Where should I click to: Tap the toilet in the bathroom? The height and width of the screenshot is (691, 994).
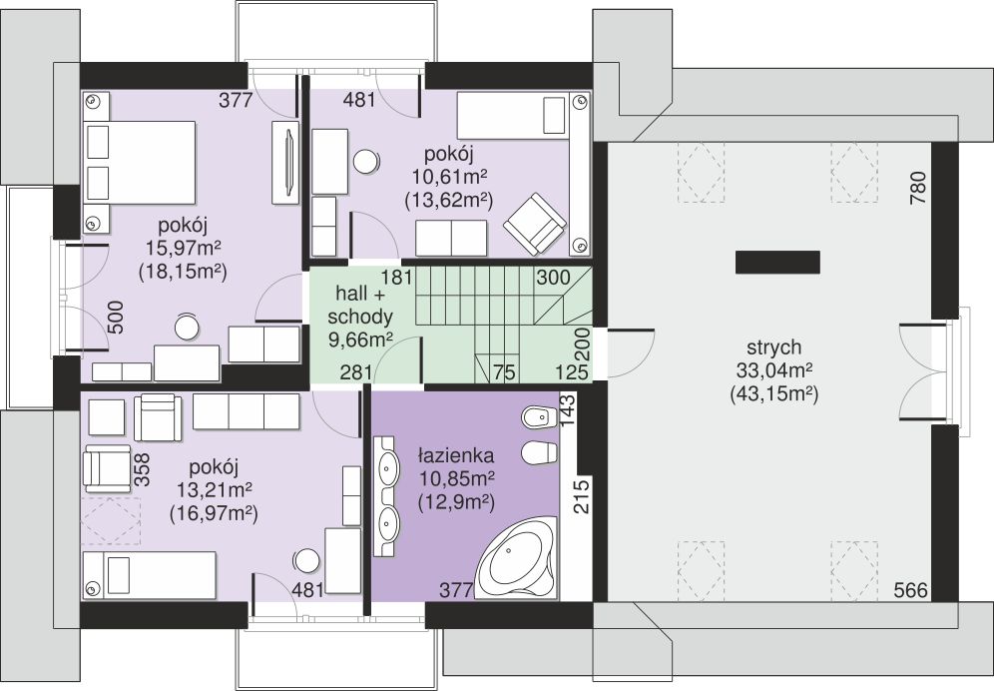click(x=538, y=453)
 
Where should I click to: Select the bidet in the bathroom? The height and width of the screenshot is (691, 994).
click(x=538, y=416)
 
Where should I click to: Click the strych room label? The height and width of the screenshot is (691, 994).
click(x=774, y=347)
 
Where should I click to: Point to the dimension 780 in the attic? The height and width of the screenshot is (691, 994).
click(x=918, y=188)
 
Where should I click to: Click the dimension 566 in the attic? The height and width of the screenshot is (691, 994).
click(x=911, y=591)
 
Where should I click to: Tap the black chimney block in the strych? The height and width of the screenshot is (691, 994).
click(x=777, y=262)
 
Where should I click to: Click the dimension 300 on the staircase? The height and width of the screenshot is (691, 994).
click(x=553, y=278)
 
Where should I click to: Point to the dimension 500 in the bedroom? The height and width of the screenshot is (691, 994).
click(x=116, y=318)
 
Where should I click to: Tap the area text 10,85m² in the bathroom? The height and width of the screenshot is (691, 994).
click(x=456, y=478)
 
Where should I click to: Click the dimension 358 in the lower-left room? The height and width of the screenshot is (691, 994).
click(x=143, y=469)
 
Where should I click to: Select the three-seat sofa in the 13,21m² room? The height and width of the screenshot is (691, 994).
click(x=246, y=411)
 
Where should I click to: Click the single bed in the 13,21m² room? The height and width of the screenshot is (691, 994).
click(x=150, y=575)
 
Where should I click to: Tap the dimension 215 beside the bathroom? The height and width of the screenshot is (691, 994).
click(x=581, y=497)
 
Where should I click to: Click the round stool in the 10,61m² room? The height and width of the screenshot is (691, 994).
click(x=366, y=161)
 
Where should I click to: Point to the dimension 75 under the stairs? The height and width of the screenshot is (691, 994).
click(x=504, y=371)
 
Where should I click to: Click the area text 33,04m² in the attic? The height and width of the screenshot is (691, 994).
click(x=774, y=370)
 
